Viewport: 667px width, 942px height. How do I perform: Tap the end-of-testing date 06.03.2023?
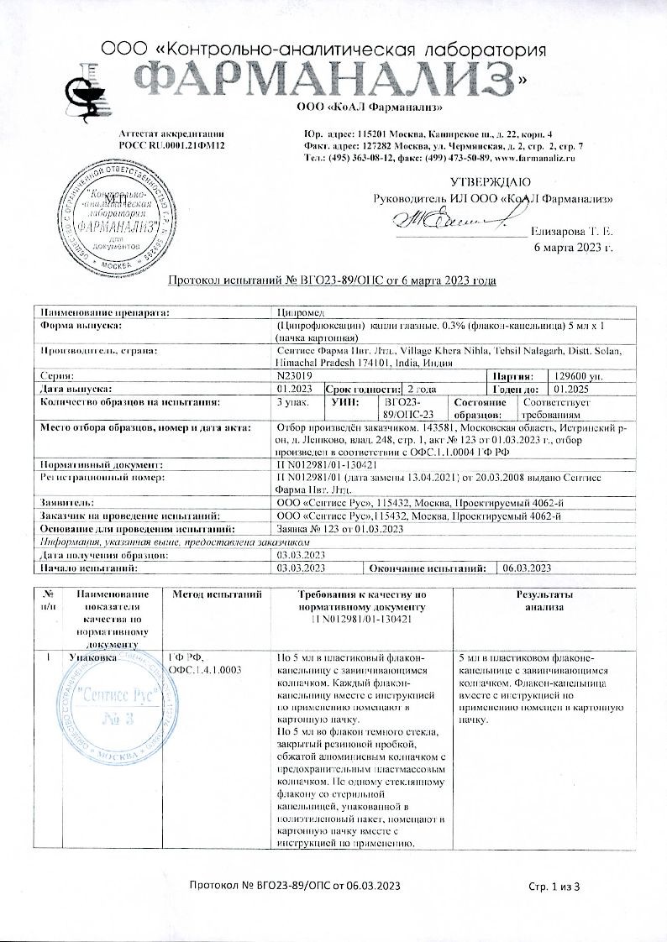tap(526, 568)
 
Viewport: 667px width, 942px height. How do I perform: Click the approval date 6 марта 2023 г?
tap(574, 246)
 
